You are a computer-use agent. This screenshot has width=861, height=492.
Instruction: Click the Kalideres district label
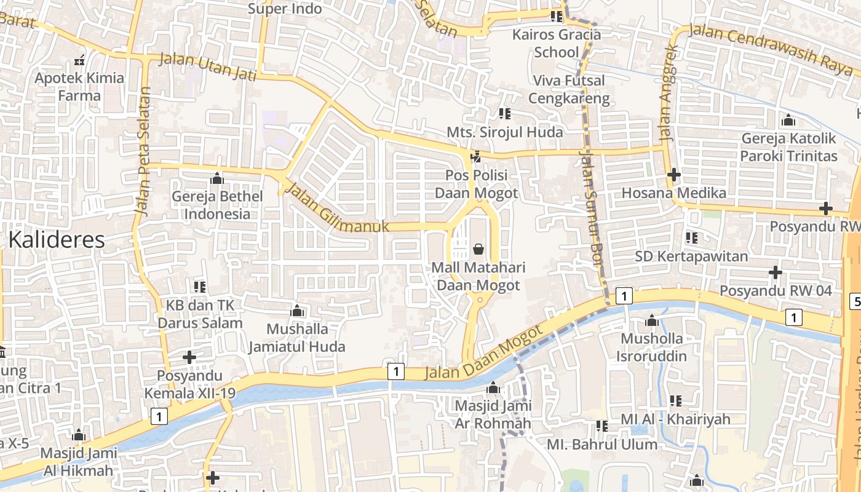(57, 239)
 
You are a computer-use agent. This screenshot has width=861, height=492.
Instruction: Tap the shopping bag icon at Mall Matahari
(478, 249)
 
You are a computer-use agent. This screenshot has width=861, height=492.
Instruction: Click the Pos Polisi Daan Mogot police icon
(475, 157)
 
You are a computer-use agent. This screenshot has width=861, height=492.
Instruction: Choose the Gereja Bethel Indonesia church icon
(216, 178)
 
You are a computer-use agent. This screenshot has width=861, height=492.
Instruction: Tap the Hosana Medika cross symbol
(674, 175)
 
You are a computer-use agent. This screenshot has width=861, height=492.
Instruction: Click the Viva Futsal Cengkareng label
(569, 89)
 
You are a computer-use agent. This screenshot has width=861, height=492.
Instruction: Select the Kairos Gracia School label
(557, 43)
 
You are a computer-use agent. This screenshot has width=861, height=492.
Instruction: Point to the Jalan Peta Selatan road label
(143, 151)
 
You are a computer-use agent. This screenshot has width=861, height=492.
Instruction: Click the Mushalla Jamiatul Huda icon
(297, 310)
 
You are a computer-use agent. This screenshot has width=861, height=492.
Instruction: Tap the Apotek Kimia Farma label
(79, 87)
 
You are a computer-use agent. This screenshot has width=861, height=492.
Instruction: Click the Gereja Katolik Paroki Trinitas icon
(788, 120)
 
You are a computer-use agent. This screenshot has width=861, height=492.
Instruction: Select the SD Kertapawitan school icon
(691, 237)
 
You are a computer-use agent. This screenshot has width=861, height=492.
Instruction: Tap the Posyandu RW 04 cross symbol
(776, 272)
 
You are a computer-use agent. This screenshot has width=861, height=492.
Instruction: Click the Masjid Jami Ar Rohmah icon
(493, 388)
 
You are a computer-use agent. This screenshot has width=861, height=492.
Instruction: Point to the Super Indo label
(285, 9)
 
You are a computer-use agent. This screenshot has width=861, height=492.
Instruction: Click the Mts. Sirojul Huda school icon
(504, 113)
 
